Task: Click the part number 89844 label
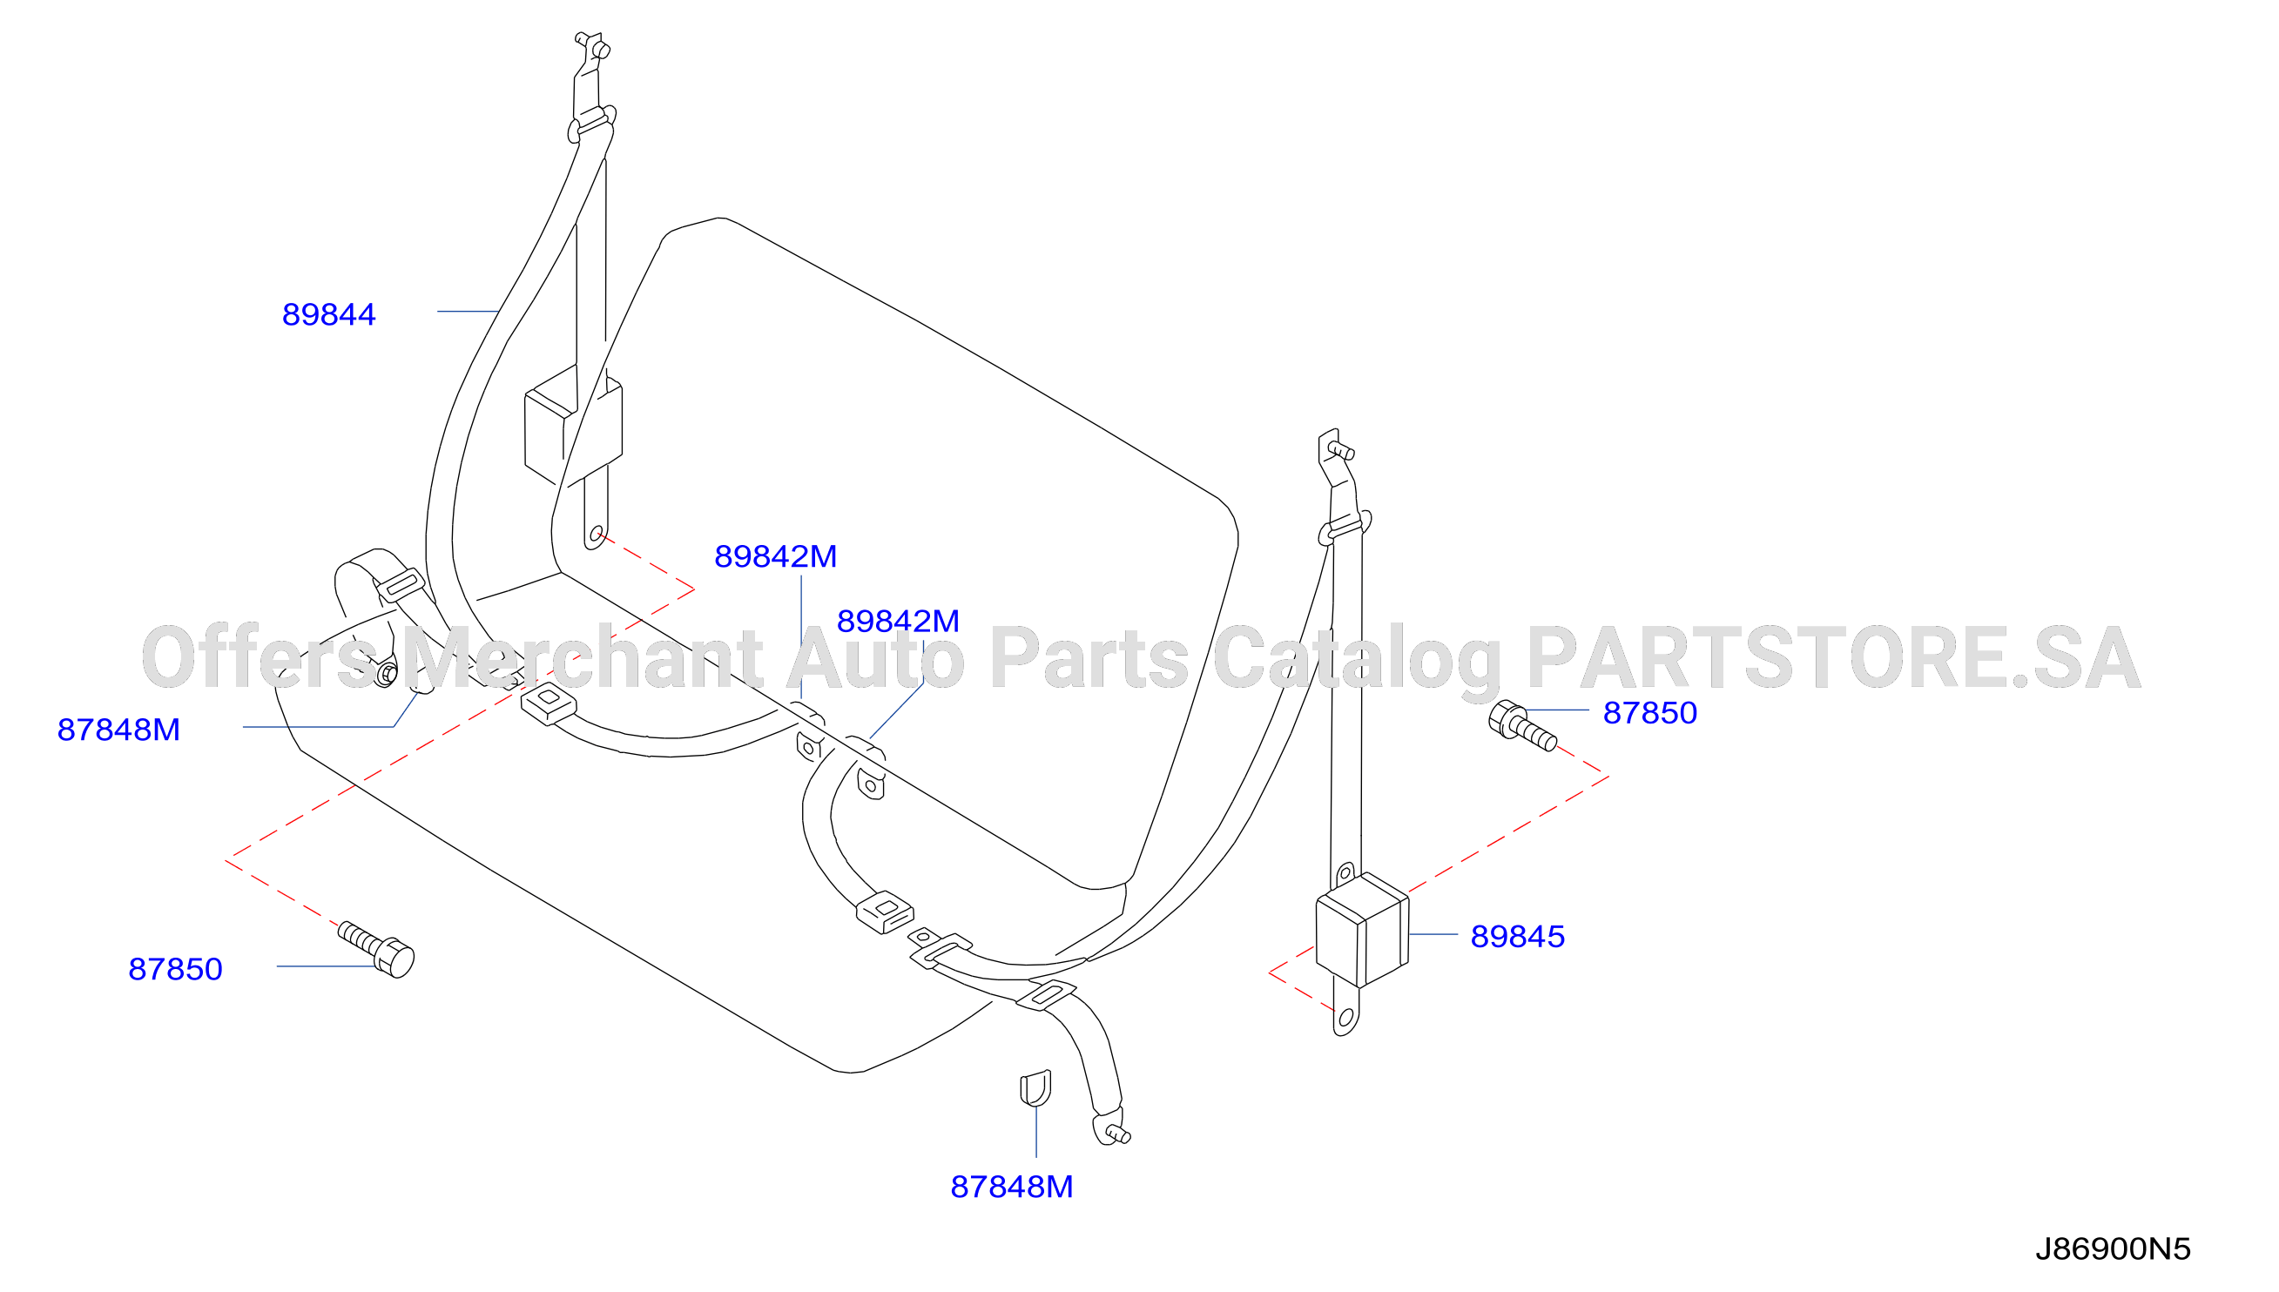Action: coord(328,315)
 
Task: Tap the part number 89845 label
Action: coord(1518,937)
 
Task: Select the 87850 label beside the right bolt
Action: coord(1649,713)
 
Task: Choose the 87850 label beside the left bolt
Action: coord(175,970)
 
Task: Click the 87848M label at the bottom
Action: coord(1012,1188)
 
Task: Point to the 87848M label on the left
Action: coord(119,730)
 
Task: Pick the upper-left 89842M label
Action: coord(776,557)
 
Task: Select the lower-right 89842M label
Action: coord(898,622)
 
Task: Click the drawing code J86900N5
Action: coord(2113,1249)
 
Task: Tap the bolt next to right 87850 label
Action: coord(1521,726)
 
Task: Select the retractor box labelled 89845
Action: coord(1361,929)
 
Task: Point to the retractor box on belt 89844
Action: coord(572,427)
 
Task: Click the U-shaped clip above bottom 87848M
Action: coord(1035,1089)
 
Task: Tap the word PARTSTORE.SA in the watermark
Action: coord(1833,658)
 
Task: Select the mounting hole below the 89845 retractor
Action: coord(1346,1017)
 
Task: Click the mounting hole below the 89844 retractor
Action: coord(597,535)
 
